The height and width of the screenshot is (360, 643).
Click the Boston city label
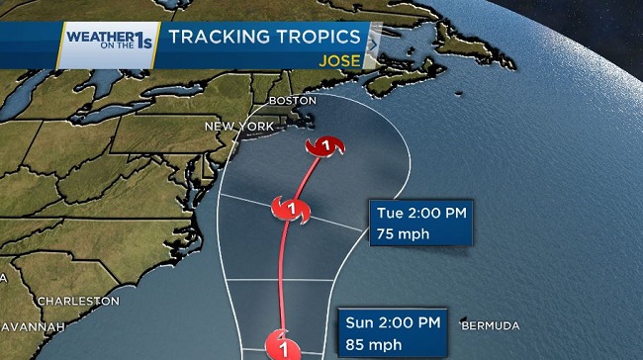coord(293,101)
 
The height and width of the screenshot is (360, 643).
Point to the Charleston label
coord(78,300)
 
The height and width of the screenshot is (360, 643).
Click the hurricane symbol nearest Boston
coord(322,148)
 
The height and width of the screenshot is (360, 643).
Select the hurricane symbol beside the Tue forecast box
coord(290,209)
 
